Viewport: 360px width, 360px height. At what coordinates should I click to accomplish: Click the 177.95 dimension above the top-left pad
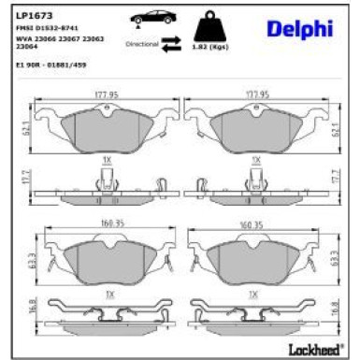pyautogui.click(x=108, y=94)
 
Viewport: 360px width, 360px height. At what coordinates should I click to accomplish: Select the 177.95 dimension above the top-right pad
pyautogui.click(x=255, y=94)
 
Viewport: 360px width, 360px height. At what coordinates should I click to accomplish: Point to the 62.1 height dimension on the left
pyautogui.click(x=26, y=122)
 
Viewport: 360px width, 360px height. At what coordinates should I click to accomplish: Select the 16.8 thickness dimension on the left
pyautogui.click(x=26, y=305)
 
